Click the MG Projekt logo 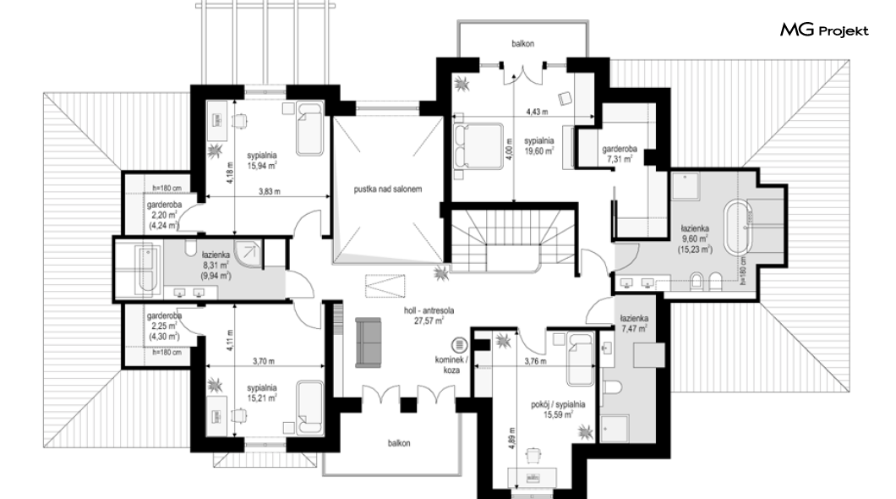click(824, 30)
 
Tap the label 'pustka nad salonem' click(387, 189)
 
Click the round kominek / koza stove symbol click(458, 345)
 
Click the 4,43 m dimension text click(537, 112)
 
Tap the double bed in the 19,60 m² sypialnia click(478, 145)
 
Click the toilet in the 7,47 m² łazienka click(614, 389)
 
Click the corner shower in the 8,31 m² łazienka click(249, 254)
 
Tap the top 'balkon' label click(523, 43)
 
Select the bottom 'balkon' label click(399, 443)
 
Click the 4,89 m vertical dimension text click(512, 439)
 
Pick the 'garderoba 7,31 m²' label click(620, 154)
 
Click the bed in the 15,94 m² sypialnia click(309, 129)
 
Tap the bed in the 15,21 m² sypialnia click(309, 408)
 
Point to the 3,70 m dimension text click(264, 361)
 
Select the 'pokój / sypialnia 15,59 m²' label click(558, 410)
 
